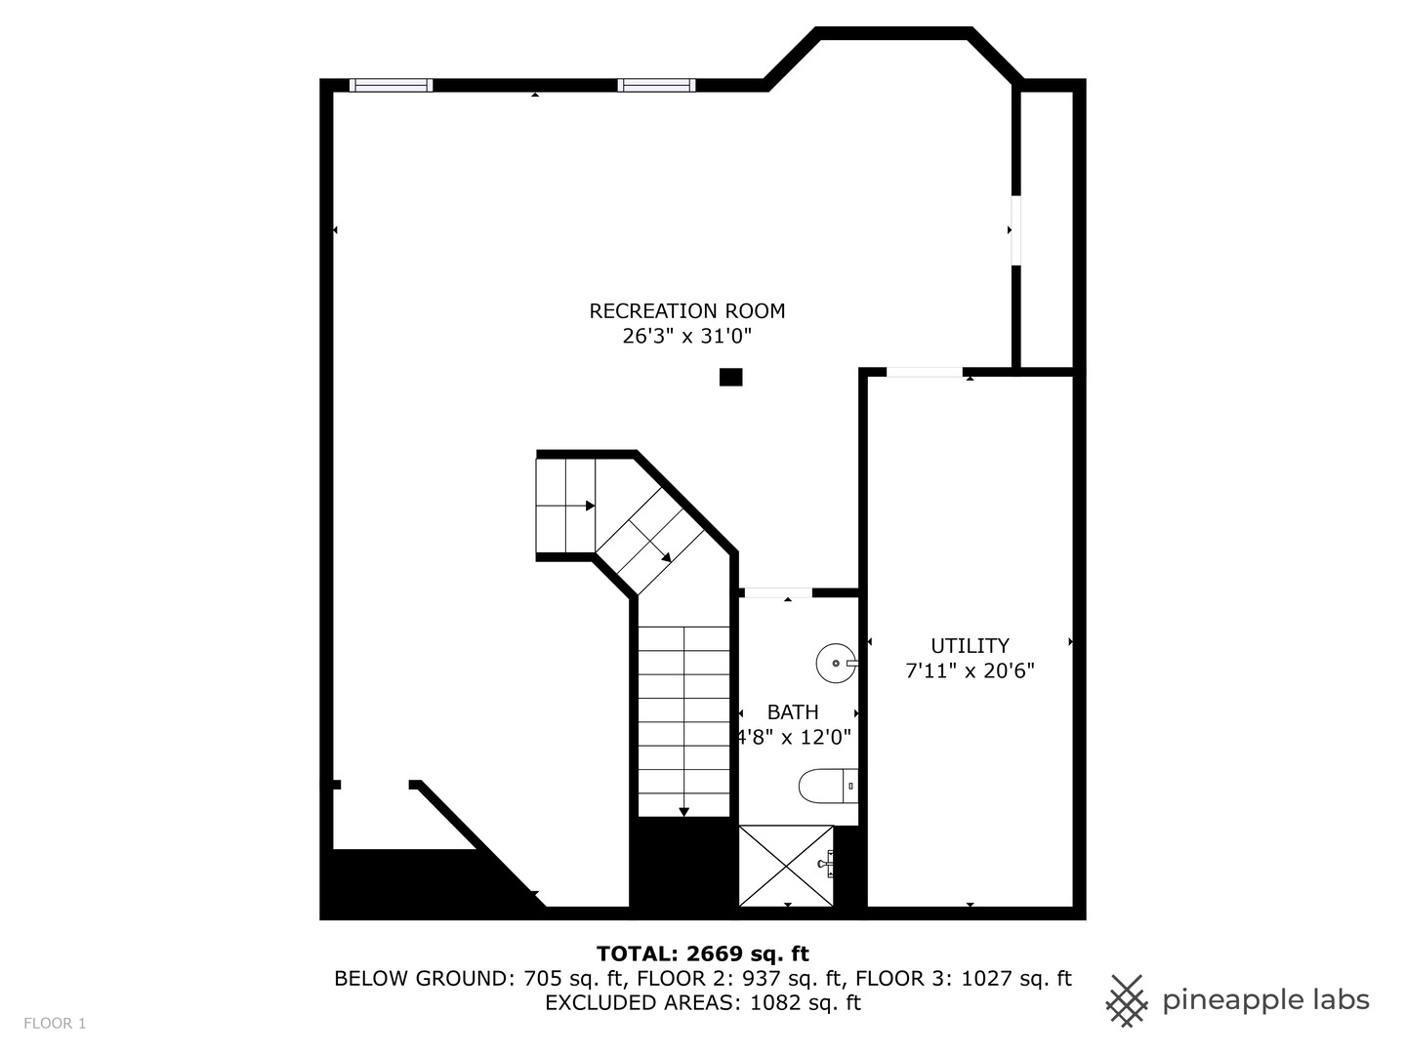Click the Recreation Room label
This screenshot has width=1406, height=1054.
(x=686, y=311)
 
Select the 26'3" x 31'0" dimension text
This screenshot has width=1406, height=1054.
(x=686, y=337)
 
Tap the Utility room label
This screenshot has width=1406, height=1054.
(x=970, y=646)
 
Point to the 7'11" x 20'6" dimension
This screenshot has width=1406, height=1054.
(x=970, y=671)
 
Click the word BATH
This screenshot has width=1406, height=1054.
(x=793, y=712)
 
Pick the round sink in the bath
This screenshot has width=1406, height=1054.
(x=836, y=663)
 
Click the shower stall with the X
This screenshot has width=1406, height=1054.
(x=787, y=866)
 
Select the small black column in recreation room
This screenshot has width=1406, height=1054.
(x=730, y=377)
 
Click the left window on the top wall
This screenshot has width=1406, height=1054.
(x=391, y=85)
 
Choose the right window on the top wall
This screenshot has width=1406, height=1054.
(x=657, y=85)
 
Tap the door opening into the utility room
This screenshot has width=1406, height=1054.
(x=924, y=372)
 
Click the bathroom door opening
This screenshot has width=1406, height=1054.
(x=778, y=592)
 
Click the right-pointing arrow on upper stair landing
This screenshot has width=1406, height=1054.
(x=590, y=506)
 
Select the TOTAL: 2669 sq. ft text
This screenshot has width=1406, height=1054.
(x=702, y=953)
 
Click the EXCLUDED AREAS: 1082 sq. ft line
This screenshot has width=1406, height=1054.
(x=702, y=1003)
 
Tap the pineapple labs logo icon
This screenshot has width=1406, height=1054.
(x=1126, y=1000)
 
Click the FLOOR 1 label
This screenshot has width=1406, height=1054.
(x=55, y=1024)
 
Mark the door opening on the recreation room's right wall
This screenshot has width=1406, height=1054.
(x=1015, y=230)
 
